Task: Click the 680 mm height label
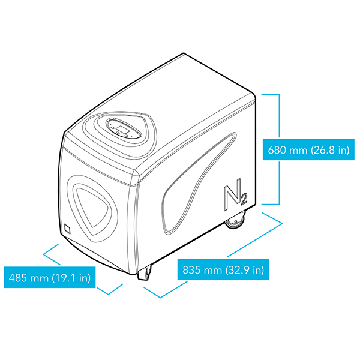pyautogui.click(x=308, y=149)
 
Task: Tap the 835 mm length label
pyautogui.click(x=223, y=269)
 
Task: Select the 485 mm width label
pyautogui.click(x=50, y=277)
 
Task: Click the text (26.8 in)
pyautogui.click(x=330, y=149)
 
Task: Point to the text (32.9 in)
pyautogui.click(x=245, y=270)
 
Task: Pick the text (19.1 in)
pyautogui.click(x=71, y=278)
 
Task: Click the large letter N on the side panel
pyautogui.click(x=232, y=194)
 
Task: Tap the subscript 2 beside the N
pyautogui.click(x=244, y=199)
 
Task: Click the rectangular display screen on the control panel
pyautogui.click(x=122, y=130)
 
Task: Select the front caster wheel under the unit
pyautogui.click(x=145, y=272)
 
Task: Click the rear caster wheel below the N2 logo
pyautogui.click(x=235, y=220)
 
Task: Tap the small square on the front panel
pyautogui.click(x=67, y=229)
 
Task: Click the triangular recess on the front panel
pyautogui.click(x=93, y=206)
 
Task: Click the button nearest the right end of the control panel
pyautogui.click(x=127, y=136)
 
